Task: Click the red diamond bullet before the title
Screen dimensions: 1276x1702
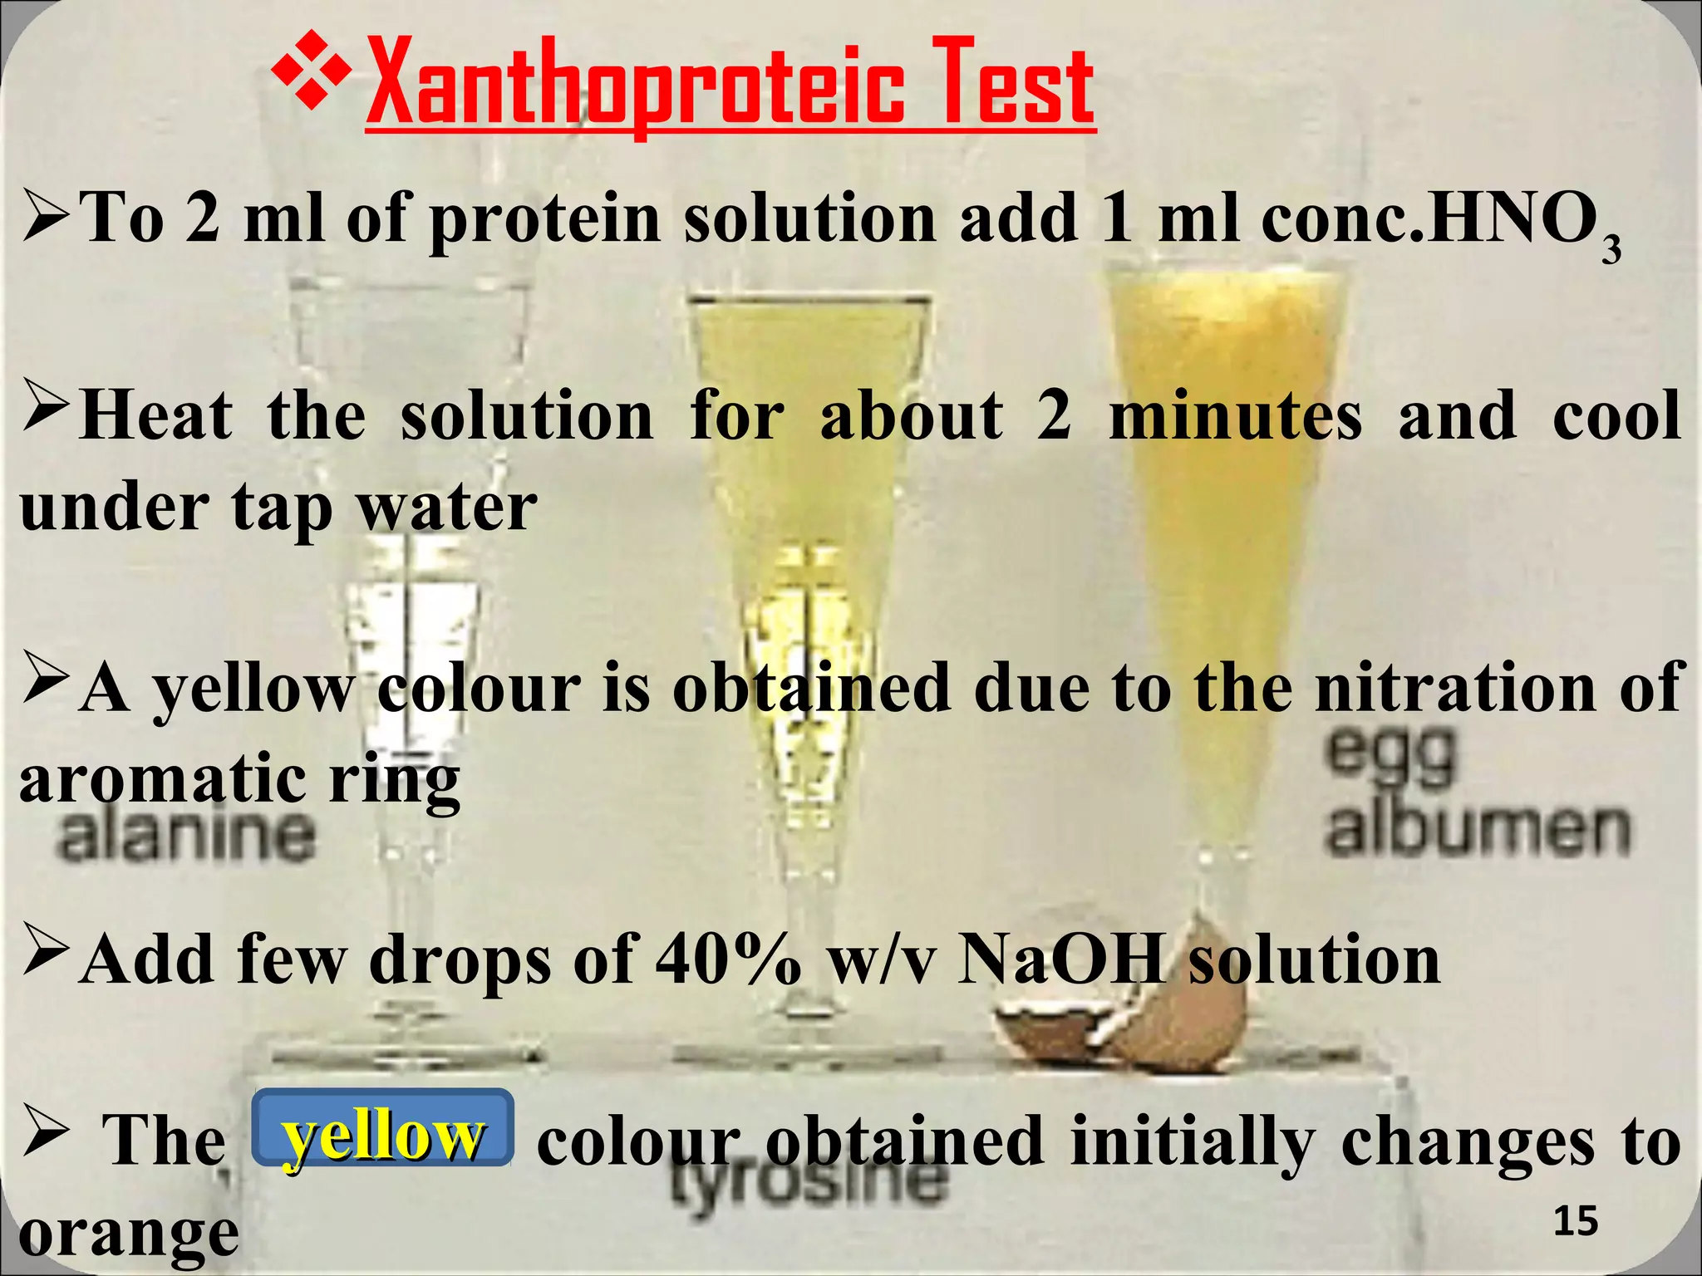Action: [312, 81]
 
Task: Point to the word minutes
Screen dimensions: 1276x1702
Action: [1235, 415]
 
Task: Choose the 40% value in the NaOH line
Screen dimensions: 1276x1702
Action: [728, 959]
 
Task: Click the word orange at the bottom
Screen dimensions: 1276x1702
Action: [129, 1234]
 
